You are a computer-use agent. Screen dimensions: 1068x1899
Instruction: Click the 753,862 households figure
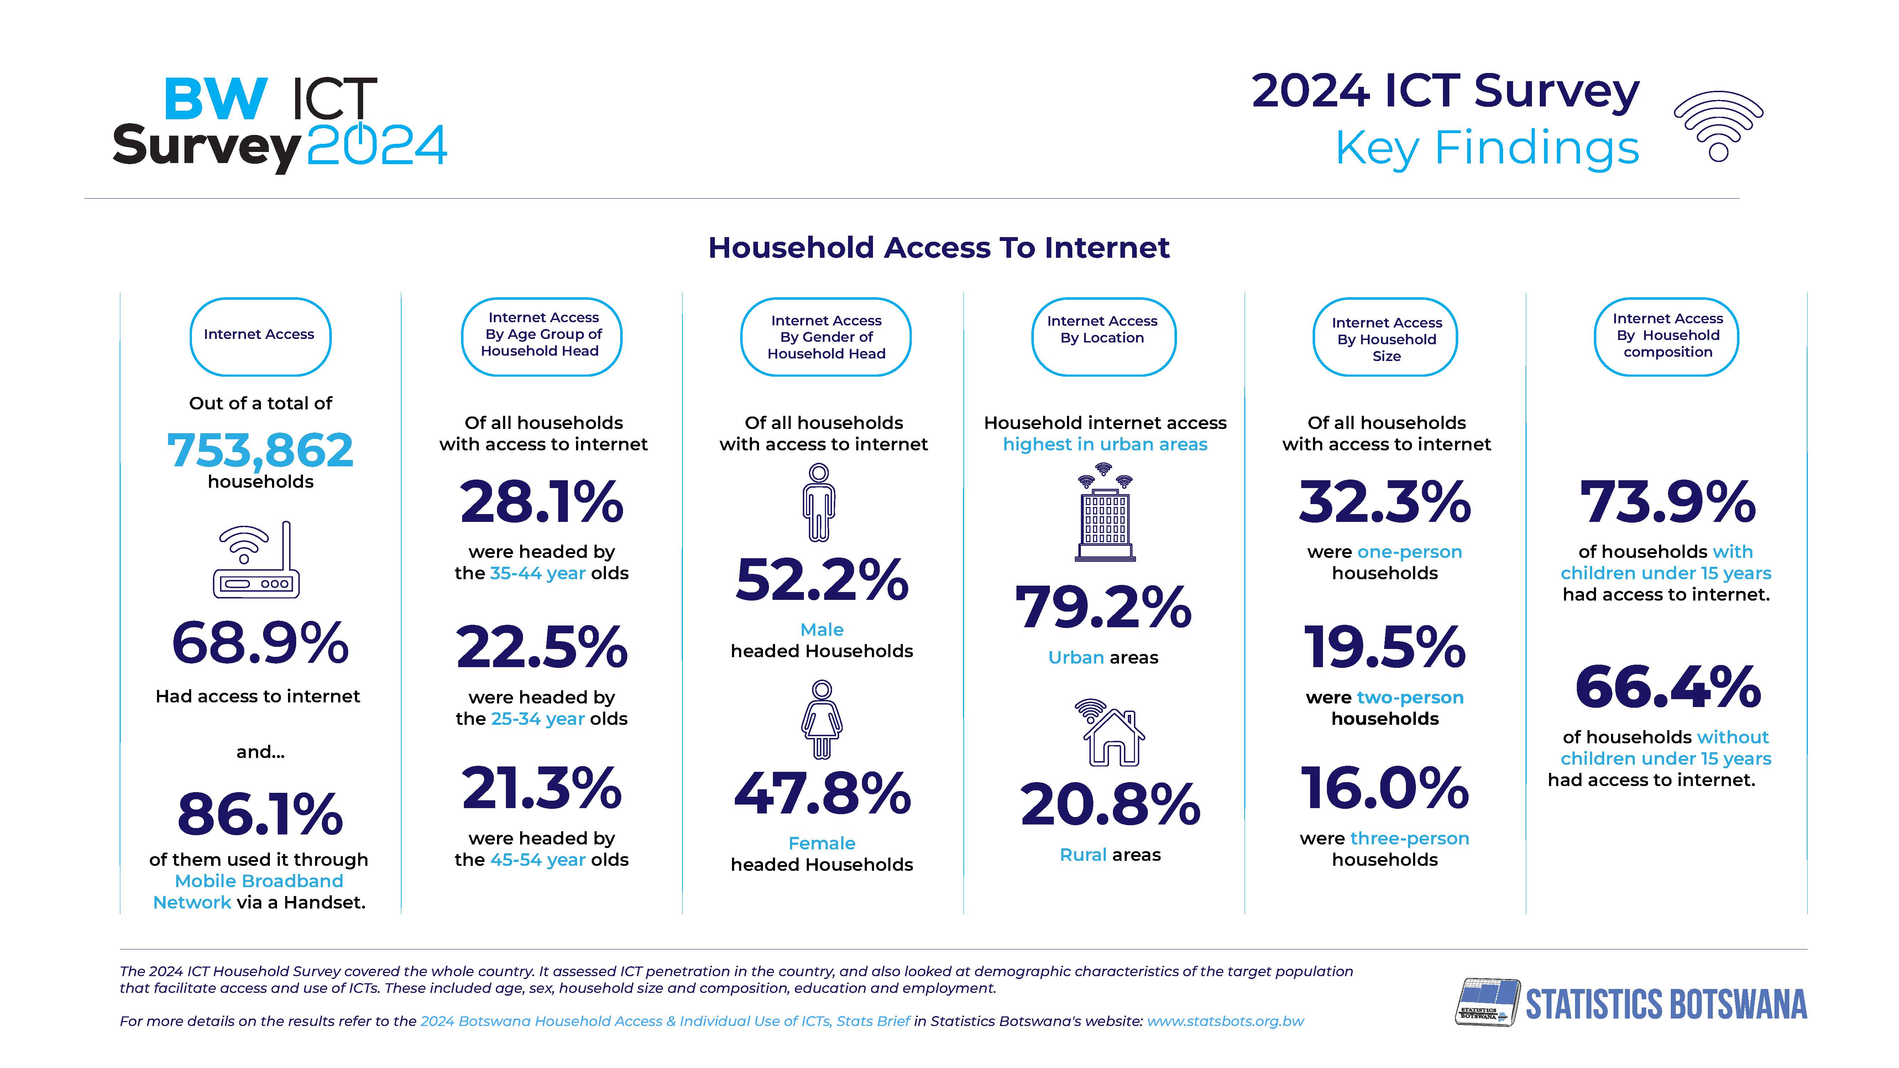260,450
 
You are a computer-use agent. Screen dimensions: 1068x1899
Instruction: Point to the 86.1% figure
260,815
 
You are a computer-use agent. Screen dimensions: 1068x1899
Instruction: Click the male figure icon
819,503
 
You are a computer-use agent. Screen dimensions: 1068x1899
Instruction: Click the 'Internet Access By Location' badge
1103,337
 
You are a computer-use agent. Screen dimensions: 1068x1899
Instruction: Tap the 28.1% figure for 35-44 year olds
542,503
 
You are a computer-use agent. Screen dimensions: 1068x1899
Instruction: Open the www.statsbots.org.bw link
1225,1022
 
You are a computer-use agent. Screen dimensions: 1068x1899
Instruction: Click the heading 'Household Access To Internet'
938,248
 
